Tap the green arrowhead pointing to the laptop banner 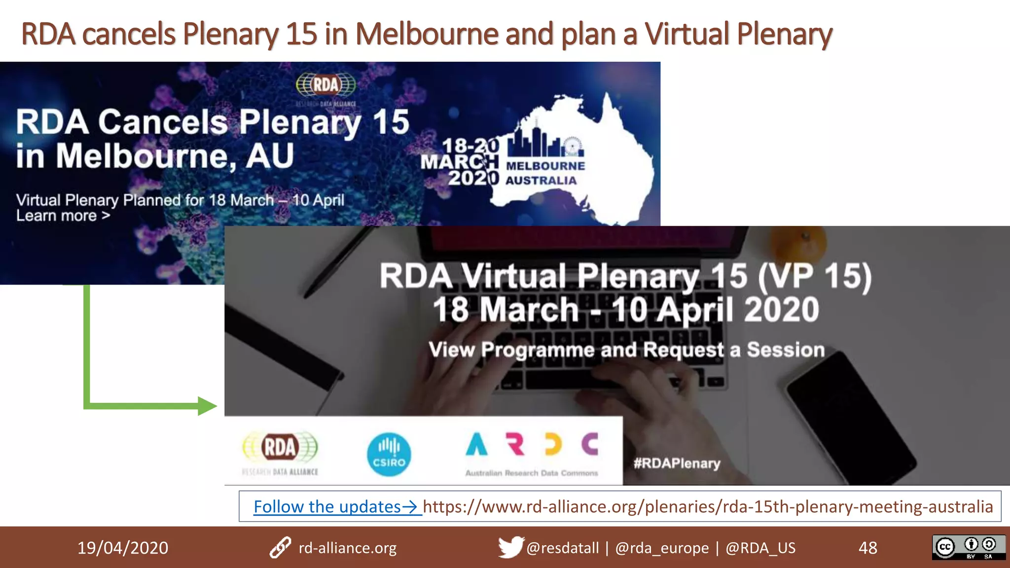point(207,406)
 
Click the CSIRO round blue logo point(389,454)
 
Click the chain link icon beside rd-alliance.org point(280,548)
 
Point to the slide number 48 point(867,548)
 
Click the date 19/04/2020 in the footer point(123,548)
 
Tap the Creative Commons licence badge point(968,547)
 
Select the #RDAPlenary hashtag point(677,463)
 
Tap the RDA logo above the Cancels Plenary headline point(325,85)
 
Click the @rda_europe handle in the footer point(662,548)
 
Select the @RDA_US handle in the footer point(760,548)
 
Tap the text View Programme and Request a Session point(626,350)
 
